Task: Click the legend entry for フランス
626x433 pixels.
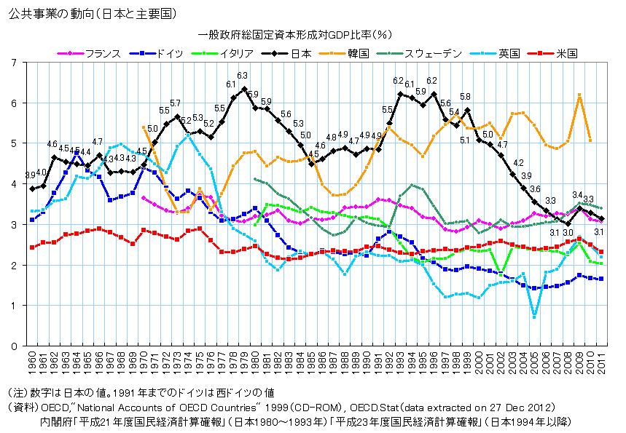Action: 89,53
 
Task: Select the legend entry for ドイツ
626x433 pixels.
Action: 157,53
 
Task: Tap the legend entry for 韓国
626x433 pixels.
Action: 344,53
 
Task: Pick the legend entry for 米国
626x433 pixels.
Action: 552,53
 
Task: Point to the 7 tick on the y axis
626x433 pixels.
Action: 15,63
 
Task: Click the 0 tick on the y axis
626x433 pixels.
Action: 15,346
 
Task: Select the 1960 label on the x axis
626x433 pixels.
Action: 32,363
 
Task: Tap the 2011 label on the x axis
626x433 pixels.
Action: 601,363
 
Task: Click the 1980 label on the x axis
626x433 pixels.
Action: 255,363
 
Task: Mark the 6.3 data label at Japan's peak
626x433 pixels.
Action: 243,76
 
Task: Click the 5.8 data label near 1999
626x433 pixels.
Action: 465,97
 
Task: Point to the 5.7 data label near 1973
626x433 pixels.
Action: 175,103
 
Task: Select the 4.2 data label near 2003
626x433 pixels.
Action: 518,163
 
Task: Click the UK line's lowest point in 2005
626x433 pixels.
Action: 534,317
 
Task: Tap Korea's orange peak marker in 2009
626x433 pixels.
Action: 579,95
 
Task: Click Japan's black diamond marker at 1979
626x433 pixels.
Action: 244,89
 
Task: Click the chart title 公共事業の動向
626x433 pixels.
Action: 50,15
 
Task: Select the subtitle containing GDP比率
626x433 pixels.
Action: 295,35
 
